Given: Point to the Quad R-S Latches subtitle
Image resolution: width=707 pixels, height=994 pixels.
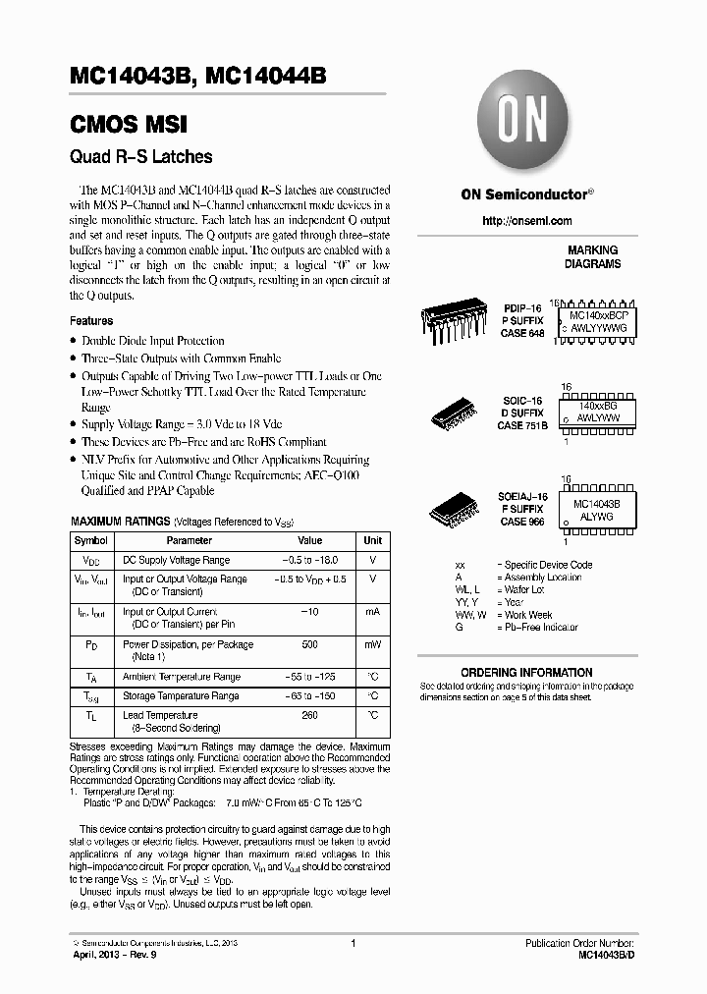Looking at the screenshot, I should click(140, 156).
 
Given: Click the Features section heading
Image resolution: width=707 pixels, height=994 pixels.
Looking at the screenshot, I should click(91, 321).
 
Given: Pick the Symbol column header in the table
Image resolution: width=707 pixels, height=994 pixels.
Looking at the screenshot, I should click(91, 541).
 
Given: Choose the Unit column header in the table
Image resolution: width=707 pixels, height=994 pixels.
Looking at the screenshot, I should click(373, 541).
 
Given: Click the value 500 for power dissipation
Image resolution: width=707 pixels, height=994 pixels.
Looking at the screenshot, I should click(309, 644).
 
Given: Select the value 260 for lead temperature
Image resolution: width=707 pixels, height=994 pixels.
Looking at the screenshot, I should click(309, 715).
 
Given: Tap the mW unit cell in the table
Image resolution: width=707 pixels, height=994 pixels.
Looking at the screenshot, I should click(373, 644).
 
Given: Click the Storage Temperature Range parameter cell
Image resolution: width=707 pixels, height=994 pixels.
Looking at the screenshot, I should click(181, 695).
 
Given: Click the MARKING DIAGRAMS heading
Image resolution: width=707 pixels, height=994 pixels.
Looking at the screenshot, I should click(592, 257).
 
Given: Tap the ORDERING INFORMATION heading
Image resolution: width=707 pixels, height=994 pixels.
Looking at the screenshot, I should click(526, 673).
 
